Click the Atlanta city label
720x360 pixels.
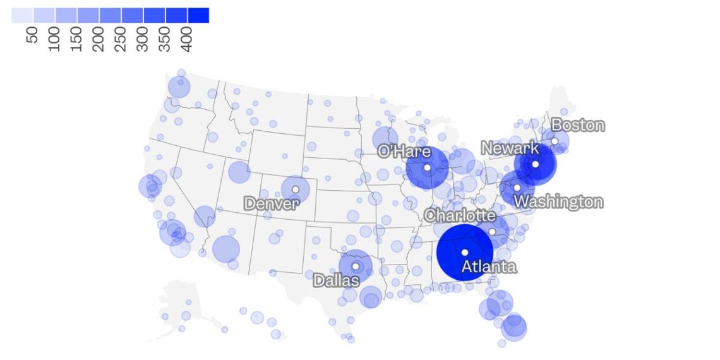[x=489, y=267]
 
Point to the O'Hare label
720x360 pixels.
[x=404, y=152]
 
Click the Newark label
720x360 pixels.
[x=510, y=148]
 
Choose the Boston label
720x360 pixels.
[x=577, y=125]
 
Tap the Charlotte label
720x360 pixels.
[x=460, y=215]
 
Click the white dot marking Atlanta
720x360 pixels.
[x=465, y=253]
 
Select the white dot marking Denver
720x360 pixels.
[x=295, y=189]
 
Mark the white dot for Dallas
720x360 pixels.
[x=355, y=267]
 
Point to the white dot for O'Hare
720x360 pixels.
[x=427, y=167]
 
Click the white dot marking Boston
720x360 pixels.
[x=555, y=141]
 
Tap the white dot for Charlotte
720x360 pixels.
[x=492, y=232]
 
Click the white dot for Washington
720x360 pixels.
[x=517, y=188]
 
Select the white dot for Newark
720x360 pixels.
[x=534, y=164]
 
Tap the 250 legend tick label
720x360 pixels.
[x=121, y=39]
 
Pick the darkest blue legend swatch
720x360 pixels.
[x=198, y=15]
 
